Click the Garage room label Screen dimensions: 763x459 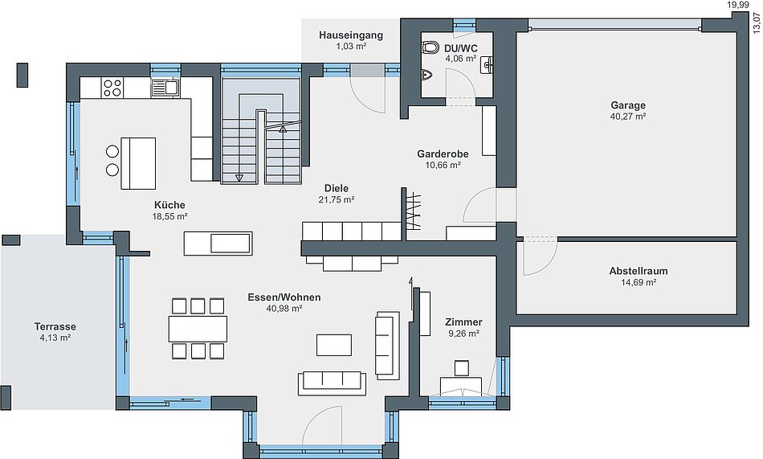click(628, 105)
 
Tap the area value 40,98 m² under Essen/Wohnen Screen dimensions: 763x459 click(284, 309)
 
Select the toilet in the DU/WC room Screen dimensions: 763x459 click(430, 47)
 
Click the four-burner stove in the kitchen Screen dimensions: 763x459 click(112, 88)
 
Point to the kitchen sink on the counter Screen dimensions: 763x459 click(165, 88)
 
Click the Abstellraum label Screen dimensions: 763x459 click(639, 271)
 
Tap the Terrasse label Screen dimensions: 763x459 click(55, 326)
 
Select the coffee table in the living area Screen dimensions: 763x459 click(334, 345)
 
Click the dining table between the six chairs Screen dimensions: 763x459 click(198, 329)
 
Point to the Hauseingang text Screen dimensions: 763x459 click(351, 35)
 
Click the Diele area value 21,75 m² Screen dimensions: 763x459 click(337, 199)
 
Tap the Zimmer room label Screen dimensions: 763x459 click(463, 322)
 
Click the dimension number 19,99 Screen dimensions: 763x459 click(736, 5)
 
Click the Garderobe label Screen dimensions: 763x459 click(443, 154)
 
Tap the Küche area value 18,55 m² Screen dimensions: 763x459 click(169, 216)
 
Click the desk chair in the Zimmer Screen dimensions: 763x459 click(461, 368)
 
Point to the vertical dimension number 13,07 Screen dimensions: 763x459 click(757, 23)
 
